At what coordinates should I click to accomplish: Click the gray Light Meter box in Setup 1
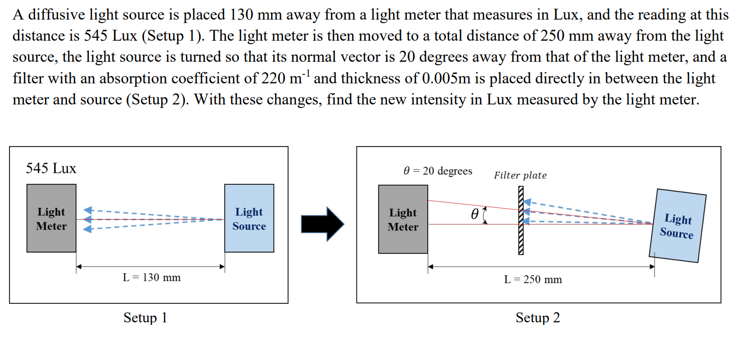[x=51, y=218]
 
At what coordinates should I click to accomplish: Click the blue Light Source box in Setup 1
[x=249, y=218]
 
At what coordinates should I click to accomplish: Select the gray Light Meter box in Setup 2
[x=403, y=219]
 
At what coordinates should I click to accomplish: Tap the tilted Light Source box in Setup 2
[x=677, y=226]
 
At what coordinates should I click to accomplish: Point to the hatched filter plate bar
[x=521, y=221]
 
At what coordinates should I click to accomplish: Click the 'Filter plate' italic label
[x=520, y=175]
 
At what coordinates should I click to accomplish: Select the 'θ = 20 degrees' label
[x=437, y=171]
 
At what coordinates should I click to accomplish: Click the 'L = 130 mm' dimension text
[x=152, y=277]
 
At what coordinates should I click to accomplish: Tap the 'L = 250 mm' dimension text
[x=533, y=280]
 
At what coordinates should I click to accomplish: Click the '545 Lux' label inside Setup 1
[x=51, y=168]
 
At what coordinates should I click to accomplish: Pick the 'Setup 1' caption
[x=145, y=318]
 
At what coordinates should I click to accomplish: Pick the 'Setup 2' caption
[x=537, y=318]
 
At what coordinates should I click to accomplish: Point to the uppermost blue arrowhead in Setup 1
[x=88, y=210]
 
